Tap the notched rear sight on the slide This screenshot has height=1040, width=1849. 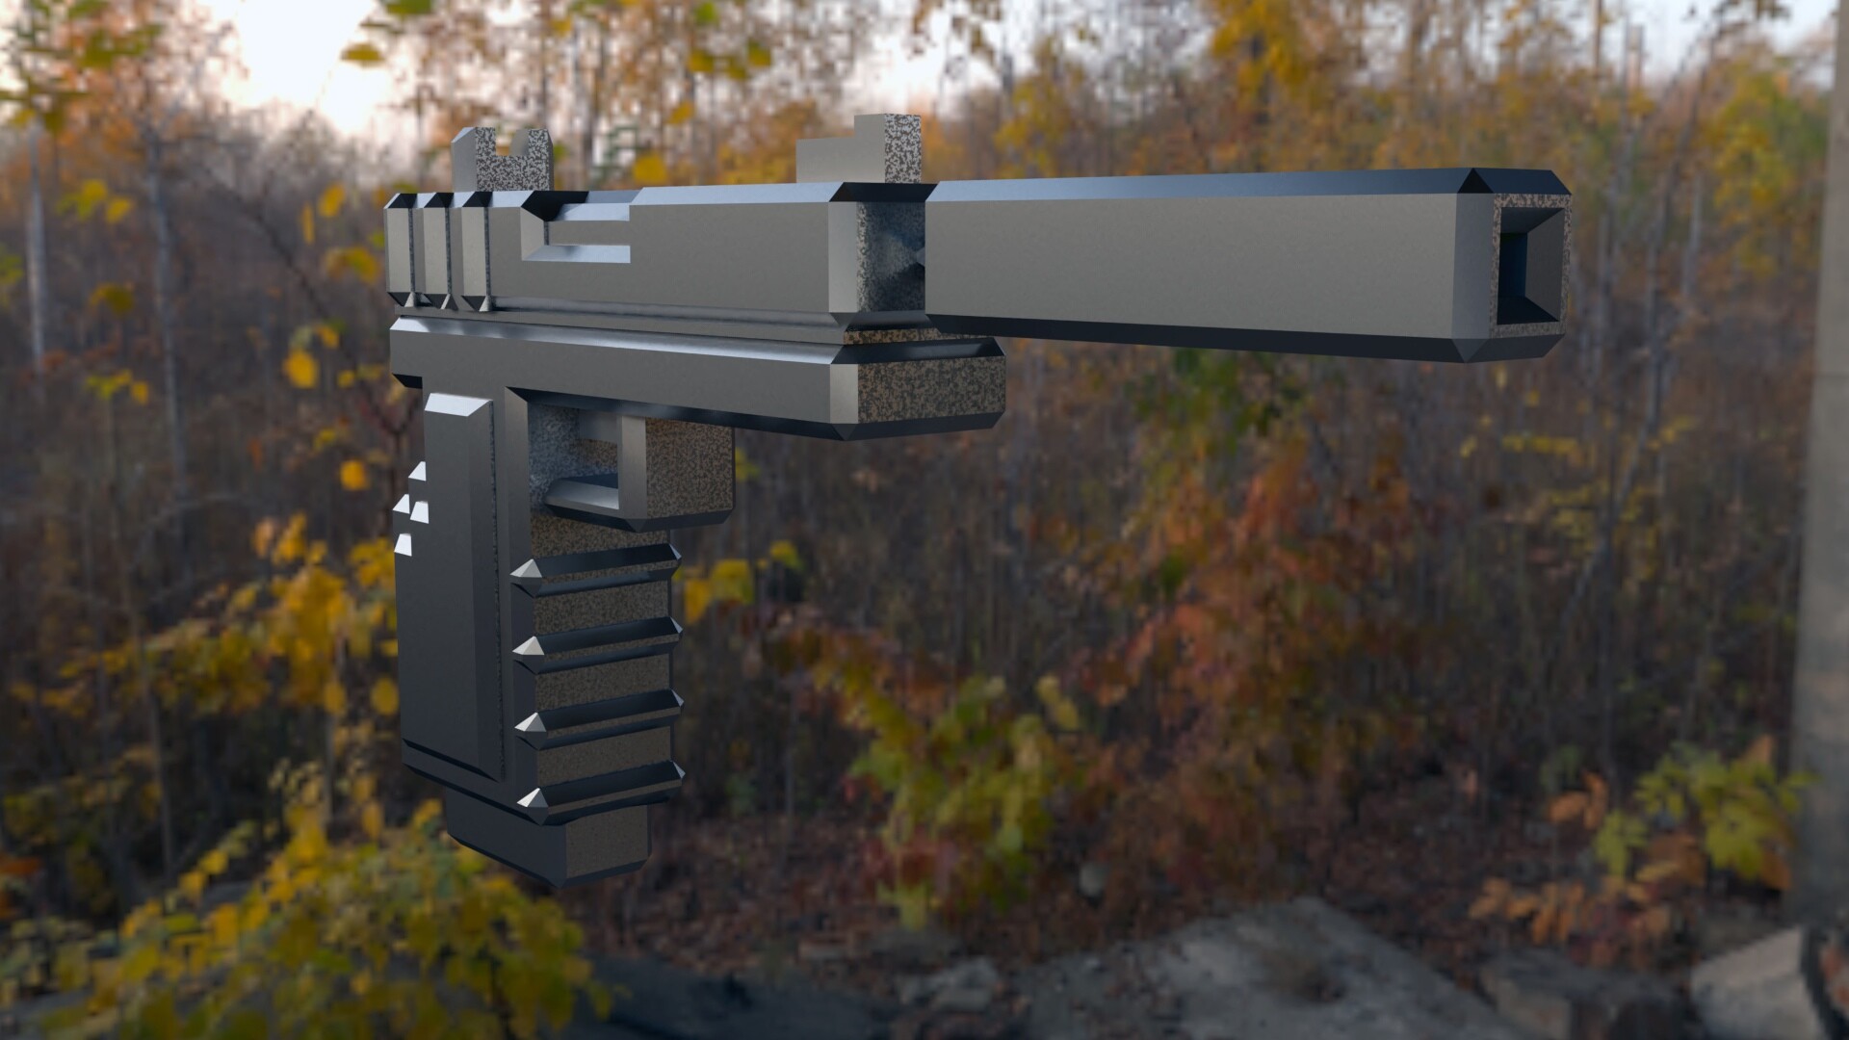coord(502,161)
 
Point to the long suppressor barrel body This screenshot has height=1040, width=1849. coord(1204,260)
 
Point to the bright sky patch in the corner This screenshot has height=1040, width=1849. coord(289,48)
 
